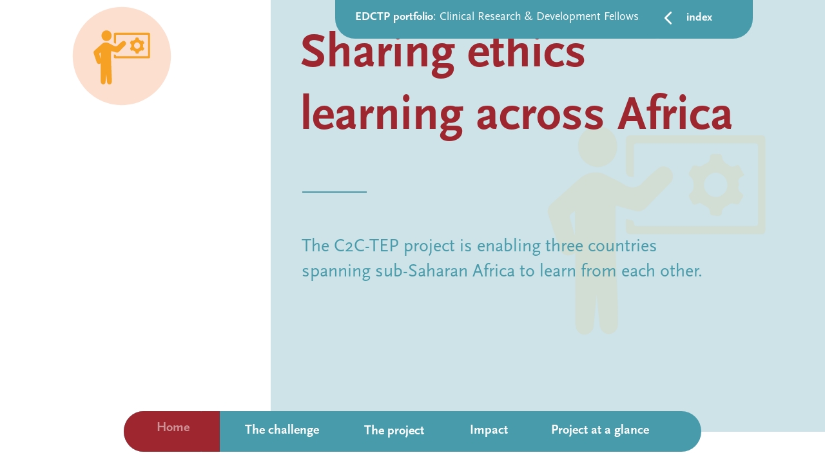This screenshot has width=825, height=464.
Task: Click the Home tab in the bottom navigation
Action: click(x=173, y=428)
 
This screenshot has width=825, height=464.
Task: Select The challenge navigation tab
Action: click(x=282, y=430)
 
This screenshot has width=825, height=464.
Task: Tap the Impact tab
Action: click(x=489, y=430)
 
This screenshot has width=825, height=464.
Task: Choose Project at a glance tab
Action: click(x=599, y=430)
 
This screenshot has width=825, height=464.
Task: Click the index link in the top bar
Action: click(x=699, y=18)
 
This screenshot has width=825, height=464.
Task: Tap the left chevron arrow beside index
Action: click(x=668, y=18)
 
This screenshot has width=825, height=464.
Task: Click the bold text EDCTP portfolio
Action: click(x=394, y=17)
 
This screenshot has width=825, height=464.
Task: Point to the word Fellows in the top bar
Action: click(x=617, y=17)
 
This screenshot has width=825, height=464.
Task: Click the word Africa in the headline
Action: click(x=674, y=115)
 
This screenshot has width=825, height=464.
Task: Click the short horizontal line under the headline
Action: click(x=334, y=192)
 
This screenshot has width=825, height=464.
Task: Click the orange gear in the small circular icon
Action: click(x=137, y=45)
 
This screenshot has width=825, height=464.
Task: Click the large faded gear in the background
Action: click(x=715, y=185)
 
